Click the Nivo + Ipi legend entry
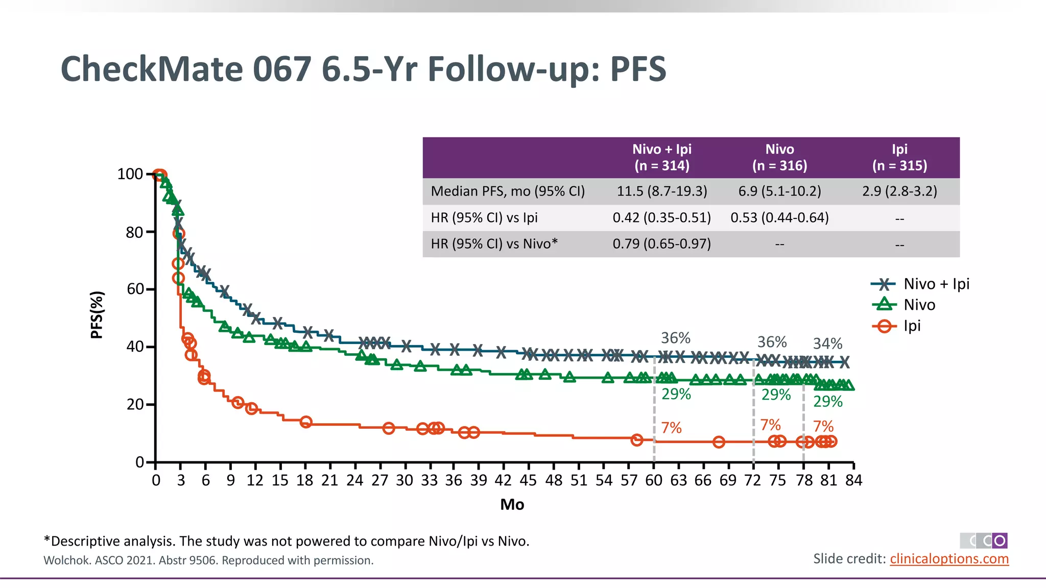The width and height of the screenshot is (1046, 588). (920, 284)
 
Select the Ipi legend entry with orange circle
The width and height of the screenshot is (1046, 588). (899, 326)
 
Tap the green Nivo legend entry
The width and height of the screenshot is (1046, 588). (904, 305)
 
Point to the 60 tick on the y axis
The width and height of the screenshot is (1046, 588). (135, 289)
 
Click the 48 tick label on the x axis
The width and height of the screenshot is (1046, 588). (553, 480)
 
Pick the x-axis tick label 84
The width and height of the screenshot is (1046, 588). (853, 480)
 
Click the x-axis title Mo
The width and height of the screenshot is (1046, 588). (512, 504)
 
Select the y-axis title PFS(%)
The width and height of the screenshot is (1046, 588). (97, 315)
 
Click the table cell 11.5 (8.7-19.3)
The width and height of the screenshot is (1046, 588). (661, 191)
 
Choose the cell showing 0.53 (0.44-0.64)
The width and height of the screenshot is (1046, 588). (779, 218)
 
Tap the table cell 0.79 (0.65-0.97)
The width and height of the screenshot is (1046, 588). (661, 244)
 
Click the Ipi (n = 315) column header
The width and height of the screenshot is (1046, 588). (899, 157)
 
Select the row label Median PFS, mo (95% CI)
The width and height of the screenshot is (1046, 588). (508, 191)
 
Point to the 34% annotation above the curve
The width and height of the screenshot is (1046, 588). (827, 344)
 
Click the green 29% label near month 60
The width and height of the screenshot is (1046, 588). (676, 394)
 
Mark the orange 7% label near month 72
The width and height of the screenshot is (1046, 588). (770, 425)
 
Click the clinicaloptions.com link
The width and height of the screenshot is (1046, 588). (949, 558)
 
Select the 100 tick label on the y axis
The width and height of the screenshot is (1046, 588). (130, 174)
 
